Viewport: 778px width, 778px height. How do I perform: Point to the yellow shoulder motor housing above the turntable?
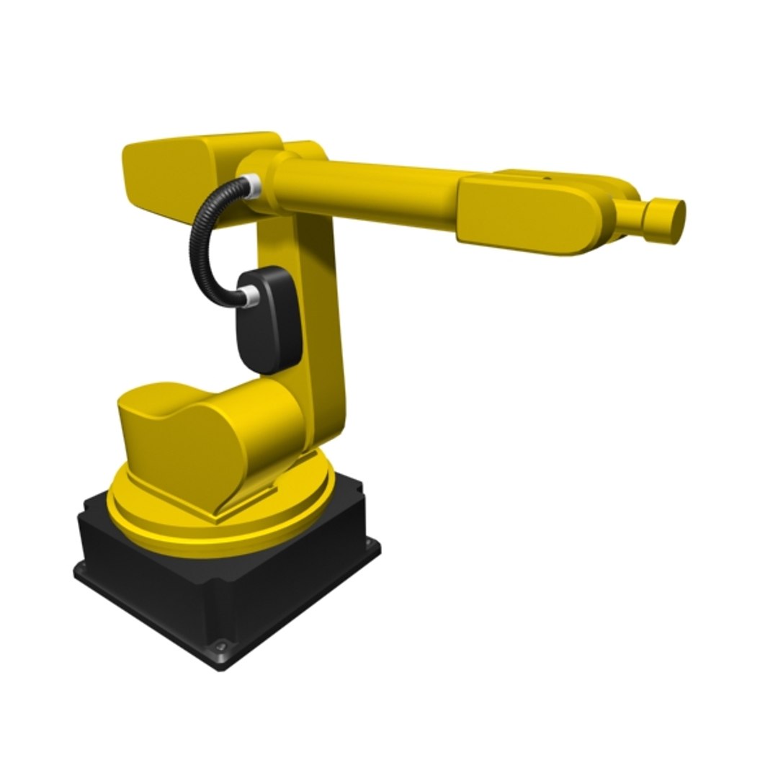209,439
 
